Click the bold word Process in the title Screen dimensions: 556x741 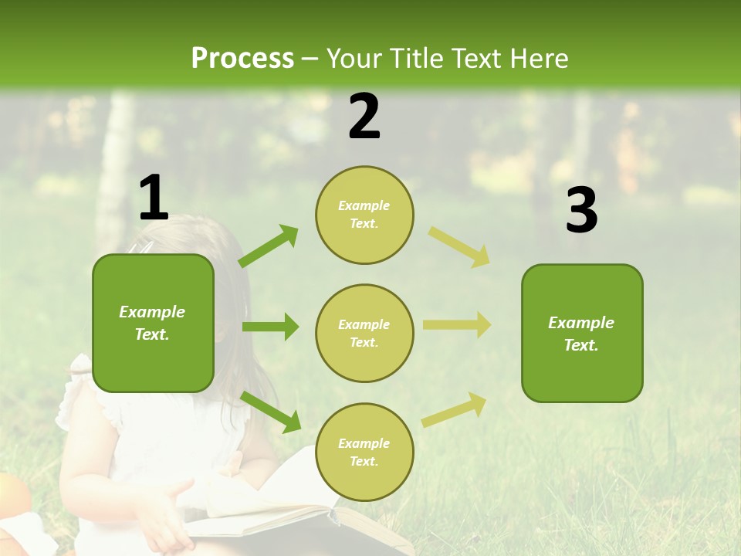(242, 59)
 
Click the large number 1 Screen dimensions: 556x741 (154, 198)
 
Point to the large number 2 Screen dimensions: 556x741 (364, 117)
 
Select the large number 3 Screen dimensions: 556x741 (581, 211)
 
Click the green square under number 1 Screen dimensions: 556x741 (153, 323)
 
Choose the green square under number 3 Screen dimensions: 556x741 (582, 333)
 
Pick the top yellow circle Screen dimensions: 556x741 (364, 215)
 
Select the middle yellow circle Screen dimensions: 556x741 (364, 333)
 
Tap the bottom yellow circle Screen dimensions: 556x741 (364, 452)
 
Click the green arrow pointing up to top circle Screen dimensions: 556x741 (269, 246)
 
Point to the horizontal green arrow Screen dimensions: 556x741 (270, 327)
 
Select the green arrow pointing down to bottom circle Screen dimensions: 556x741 (271, 412)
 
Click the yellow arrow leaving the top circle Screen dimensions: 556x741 (458, 246)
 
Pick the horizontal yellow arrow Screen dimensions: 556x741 (456, 325)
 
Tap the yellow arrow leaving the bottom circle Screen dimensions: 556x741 (454, 410)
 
